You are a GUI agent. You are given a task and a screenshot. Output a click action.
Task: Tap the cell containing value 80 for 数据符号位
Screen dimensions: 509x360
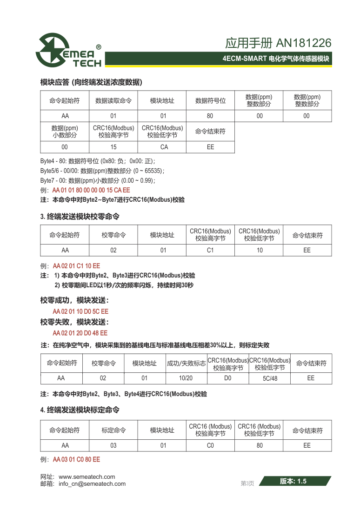[210, 116]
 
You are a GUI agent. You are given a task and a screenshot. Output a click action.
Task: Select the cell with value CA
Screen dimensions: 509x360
[162, 147]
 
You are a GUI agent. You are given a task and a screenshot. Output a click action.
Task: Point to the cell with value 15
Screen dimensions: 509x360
[113, 147]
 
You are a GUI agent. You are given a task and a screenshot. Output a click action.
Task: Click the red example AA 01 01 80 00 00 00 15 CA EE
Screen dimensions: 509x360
[91, 190]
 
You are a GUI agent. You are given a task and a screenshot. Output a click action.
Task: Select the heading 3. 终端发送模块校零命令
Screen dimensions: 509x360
[80, 217]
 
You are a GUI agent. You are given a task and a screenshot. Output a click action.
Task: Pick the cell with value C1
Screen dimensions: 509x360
[210, 250]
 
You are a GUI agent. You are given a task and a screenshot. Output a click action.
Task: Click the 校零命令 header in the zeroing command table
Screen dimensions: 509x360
[113, 235]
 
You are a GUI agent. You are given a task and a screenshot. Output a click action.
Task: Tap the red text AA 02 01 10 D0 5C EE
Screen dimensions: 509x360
[80, 311]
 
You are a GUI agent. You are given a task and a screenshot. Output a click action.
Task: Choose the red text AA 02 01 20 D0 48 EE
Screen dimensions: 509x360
[80, 333]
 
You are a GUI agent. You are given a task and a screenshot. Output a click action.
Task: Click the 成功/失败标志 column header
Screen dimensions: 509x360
[186, 364]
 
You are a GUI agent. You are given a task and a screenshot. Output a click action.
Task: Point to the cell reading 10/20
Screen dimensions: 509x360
[186, 378]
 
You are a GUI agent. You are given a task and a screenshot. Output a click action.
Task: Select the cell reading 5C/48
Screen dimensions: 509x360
[270, 378]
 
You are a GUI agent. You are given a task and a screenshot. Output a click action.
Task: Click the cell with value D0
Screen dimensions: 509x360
[228, 378]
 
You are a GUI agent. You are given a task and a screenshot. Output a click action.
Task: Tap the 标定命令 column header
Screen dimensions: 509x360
[113, 430]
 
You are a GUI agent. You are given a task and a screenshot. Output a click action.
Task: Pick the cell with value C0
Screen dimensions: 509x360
[210, 445]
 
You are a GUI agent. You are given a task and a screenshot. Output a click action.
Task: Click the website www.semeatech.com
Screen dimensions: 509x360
[87, 476]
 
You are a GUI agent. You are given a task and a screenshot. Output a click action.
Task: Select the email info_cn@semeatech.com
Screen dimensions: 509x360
[92, 483]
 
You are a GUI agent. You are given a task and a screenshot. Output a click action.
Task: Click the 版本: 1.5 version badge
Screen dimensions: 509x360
[293, 481]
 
